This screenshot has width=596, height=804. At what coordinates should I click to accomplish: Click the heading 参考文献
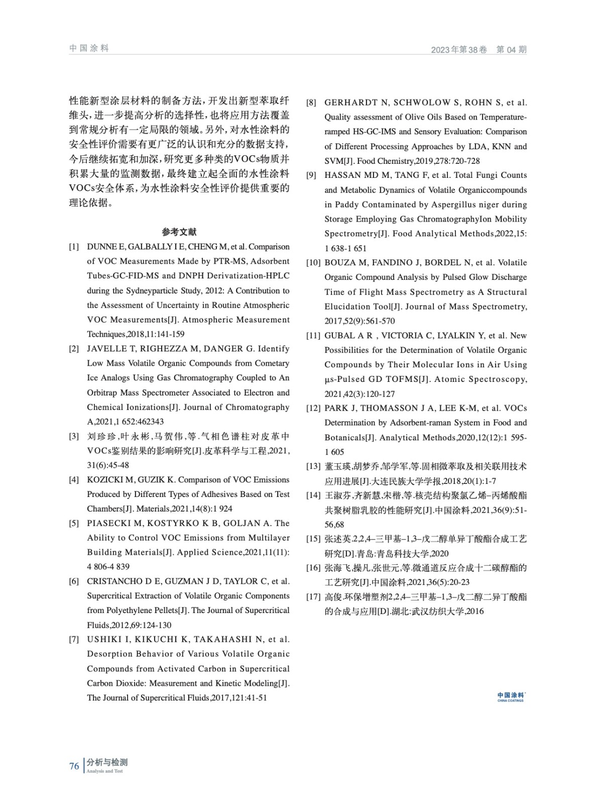point(179,232)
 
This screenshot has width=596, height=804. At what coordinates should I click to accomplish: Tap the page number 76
point(74,766)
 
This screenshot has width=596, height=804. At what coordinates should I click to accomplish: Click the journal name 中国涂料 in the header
point(89,48)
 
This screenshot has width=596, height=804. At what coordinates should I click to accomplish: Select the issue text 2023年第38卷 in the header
point(459,50)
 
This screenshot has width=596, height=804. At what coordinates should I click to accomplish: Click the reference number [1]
point(74,247)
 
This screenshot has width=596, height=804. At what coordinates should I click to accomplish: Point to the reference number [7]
point(74,640)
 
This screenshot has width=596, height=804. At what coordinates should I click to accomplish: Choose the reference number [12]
point(313,408)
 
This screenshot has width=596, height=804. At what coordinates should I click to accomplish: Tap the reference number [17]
point(313,597)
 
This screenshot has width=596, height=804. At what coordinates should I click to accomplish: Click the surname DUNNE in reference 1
point(99,247)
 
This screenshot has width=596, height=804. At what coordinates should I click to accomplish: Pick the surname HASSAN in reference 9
point(341,175)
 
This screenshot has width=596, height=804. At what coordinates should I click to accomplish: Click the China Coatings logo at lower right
point(510,696)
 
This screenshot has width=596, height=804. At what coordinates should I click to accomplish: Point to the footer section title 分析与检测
point(106,762)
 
